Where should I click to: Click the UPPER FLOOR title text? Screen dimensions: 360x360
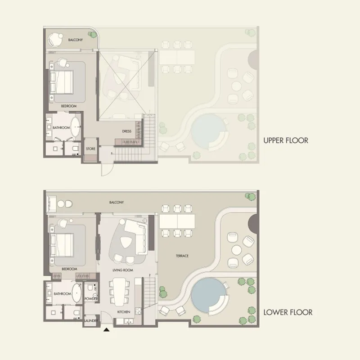[x=286, y=140]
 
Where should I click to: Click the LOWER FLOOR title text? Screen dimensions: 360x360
[x=288, y=312]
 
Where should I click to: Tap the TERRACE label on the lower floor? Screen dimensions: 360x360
[x=182, y=256]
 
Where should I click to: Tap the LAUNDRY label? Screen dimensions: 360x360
[x=90, y=320]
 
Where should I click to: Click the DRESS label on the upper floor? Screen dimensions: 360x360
[x=126, y=131]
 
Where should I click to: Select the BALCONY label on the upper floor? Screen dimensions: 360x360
[x=75, y=40]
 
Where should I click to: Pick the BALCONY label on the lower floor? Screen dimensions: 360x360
[x=117, y=202]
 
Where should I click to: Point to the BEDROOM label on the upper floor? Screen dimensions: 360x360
[x=69, y=106]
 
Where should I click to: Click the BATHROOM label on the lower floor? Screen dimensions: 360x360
[x=63, y=294]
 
